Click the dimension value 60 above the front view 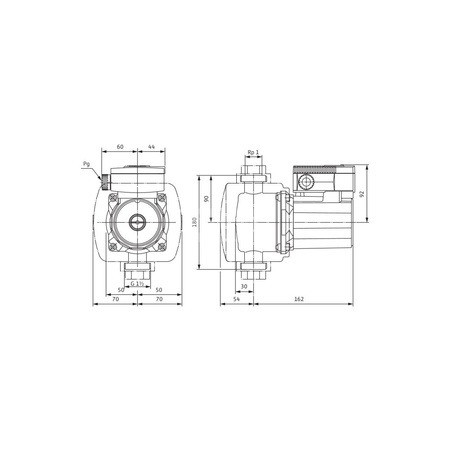(120, 147)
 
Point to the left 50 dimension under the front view (122, 290)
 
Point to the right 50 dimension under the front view (158, 290)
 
